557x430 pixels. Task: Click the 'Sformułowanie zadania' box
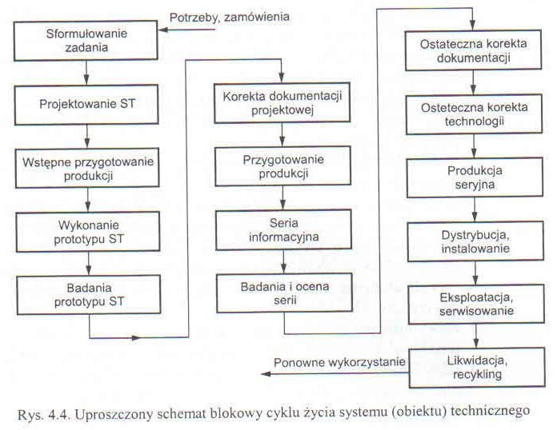[x=86, y=41]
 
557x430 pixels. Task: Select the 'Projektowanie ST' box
[x=86, y=105]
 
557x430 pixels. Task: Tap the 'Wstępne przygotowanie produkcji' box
[x=87, y=168]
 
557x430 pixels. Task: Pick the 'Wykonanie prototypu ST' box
[x=88, y=232]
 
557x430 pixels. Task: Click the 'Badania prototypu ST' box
[x=89, y=295]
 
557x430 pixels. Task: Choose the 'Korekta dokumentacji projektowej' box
[x=282, y=103]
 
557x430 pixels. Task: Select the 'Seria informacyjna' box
[x=283, y=230]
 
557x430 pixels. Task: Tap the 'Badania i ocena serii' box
[x=285, y=293]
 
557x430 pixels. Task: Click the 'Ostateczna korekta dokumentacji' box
[x=473, y=50]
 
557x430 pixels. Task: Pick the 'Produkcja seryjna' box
[x=475, y=177]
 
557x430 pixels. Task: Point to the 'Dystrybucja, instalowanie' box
[x=475, y=241]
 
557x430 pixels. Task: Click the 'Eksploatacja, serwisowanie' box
[x=476, y=305]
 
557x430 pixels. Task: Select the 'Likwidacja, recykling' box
[x=477, y=368]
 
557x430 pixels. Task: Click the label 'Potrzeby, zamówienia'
[x=230, y=18]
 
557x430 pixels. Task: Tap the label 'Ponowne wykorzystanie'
[x=339, y=363]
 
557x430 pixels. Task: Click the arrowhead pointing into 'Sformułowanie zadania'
[x=163, y=30]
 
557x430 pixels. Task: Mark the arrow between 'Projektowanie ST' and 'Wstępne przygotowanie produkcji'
[x=87, y=137]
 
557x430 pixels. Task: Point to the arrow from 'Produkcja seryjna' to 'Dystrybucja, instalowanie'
[x=475, y=209]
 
